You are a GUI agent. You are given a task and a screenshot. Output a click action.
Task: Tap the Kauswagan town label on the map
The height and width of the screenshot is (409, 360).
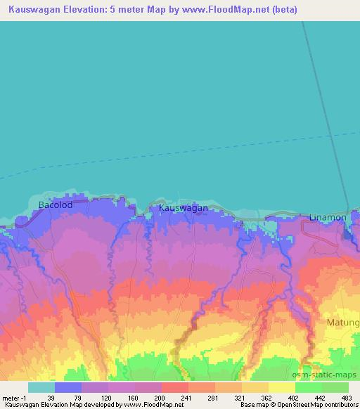tap(184, 209)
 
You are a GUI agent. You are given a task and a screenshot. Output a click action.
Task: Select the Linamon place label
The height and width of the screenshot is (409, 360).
tap(327, 218)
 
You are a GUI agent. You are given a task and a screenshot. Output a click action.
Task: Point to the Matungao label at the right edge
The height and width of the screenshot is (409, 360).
tap(343, 323)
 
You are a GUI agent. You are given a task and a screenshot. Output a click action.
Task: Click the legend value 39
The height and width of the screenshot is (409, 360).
tap(50, 397)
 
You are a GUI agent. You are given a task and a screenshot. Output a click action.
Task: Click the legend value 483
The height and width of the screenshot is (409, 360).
tap(347, 397)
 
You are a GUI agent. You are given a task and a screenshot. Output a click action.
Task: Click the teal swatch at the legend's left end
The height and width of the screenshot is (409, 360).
tap(41, 387)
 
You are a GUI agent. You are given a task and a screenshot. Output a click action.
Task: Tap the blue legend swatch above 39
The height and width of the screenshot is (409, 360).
tap(68, 387)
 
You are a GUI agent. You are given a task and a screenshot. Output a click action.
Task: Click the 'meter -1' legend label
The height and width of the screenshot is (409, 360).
tap(14, 397)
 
